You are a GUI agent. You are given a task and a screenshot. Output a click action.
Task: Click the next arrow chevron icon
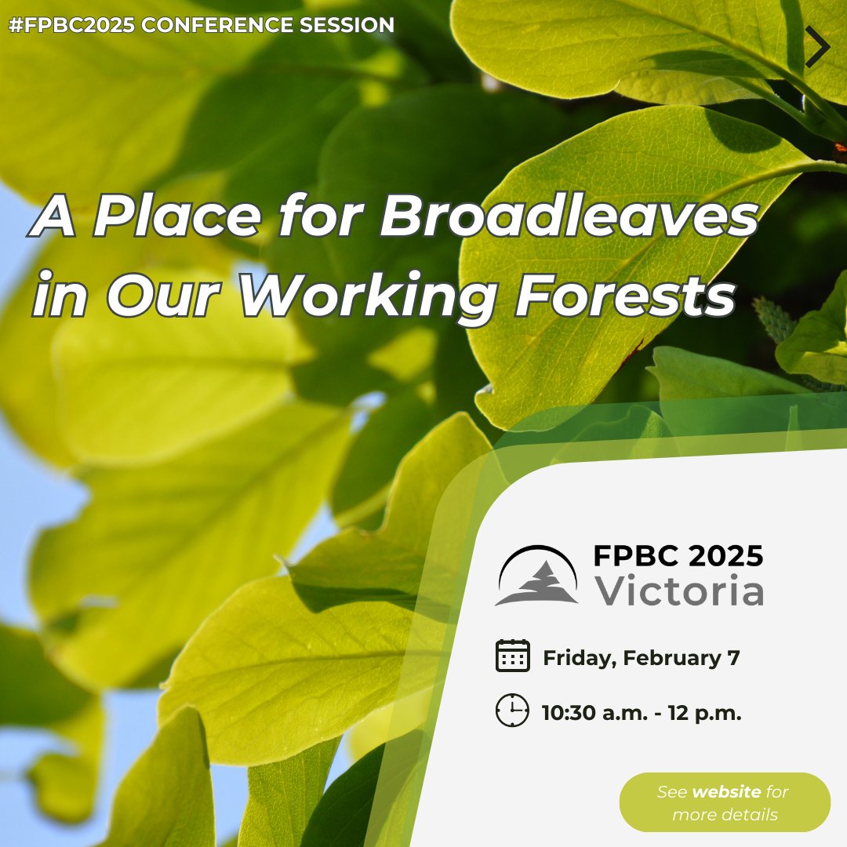click(x=817, y=47)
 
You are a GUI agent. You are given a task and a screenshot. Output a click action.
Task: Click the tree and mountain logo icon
click(x=537, y=576)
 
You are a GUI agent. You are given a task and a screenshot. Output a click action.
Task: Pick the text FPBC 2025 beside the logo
click(x=678, y=556)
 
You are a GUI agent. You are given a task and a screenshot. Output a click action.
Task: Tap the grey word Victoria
click(x=678, y=592)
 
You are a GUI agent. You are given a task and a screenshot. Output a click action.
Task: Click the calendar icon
click(x=513, y=656)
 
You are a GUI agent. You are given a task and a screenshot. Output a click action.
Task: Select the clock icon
click(x=513, y=711)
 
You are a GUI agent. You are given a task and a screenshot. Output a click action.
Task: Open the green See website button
click(x=724, y=802)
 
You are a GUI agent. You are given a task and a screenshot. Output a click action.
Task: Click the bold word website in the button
click(x=725, y=792)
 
